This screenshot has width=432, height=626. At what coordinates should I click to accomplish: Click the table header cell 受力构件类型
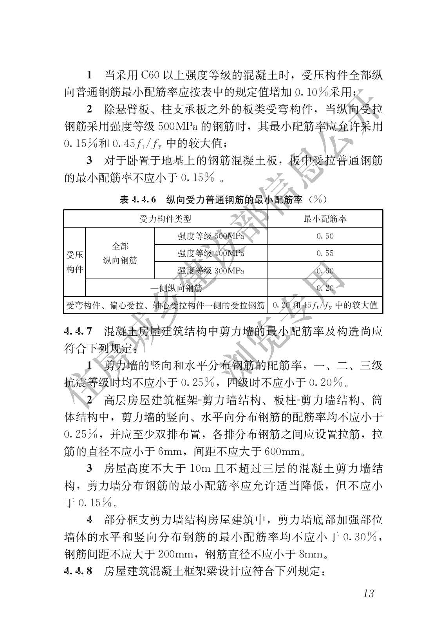(x=165, y=219)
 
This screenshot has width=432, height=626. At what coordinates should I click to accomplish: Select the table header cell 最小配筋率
(x=325, y=219)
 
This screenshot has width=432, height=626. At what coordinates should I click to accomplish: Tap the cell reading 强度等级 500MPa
(x=211, y=236)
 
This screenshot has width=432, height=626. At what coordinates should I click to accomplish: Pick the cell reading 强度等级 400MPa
(x=211, y=253)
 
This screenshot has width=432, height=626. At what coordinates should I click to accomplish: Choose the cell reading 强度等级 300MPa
(x=211, y=271)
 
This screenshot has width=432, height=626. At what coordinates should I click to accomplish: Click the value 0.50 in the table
(x=325, y=236)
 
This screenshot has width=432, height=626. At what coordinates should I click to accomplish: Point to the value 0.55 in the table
(x=325, y=253)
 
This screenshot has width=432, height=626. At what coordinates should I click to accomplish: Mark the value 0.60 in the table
(x=325, y=271)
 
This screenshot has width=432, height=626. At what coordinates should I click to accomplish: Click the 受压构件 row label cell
(x=74, y=262)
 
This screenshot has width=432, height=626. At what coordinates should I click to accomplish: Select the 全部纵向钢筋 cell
(x=120, y=253)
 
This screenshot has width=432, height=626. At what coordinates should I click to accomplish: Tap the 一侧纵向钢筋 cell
(x=176, y=288)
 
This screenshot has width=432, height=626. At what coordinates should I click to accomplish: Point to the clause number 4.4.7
(x=78, y=331)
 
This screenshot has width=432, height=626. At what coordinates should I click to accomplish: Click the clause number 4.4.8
(x=78, y=571)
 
